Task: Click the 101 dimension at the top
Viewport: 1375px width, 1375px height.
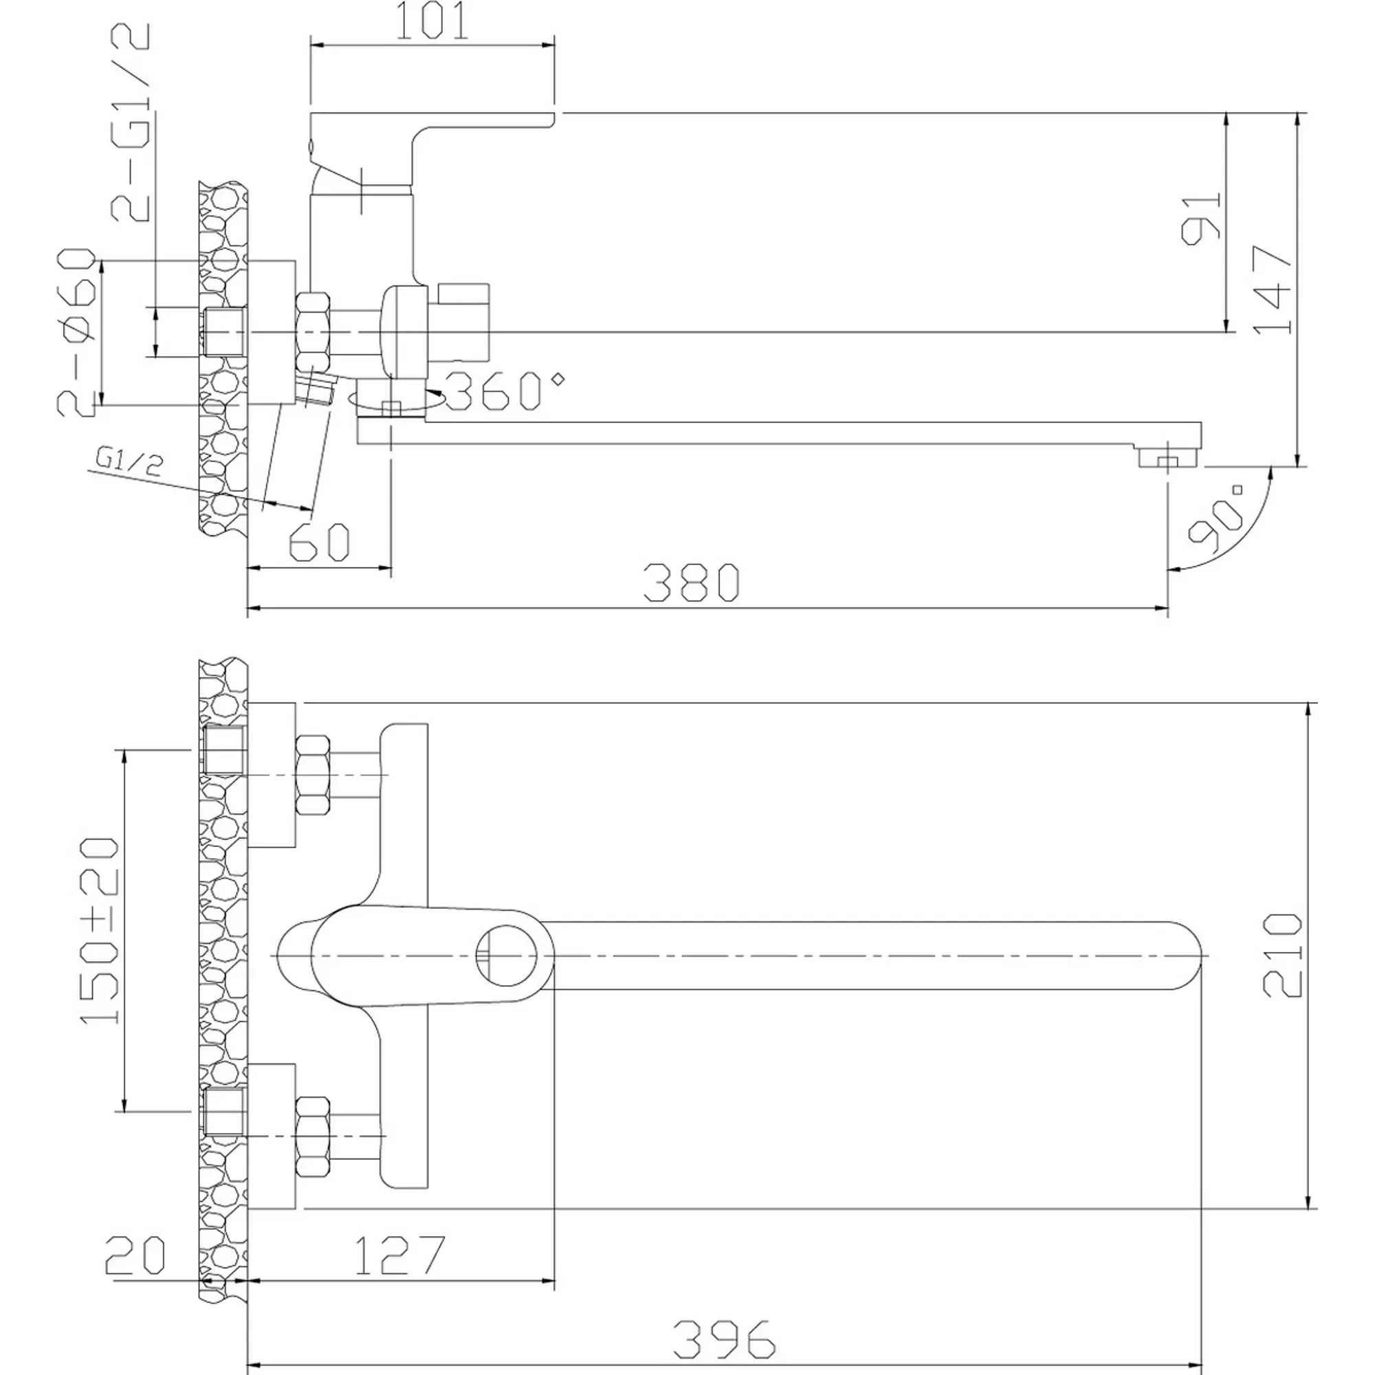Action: click(x=431, y=21)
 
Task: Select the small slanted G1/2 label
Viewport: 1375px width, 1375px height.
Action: click(x=129, y=462)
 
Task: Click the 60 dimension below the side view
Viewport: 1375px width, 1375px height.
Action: click(x=320, y=543)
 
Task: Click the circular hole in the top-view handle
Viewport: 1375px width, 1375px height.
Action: click(x=505, y=955)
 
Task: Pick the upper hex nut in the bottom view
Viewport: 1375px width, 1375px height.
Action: click(x=313, y=775)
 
